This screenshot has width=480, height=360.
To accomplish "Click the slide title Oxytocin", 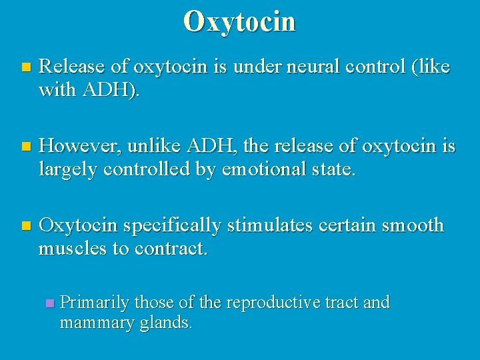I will click(239, 21).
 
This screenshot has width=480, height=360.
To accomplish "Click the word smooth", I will click(413, 226).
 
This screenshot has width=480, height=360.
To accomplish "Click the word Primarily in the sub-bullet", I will click(95, 303).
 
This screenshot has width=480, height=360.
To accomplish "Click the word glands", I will click(169, 323).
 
